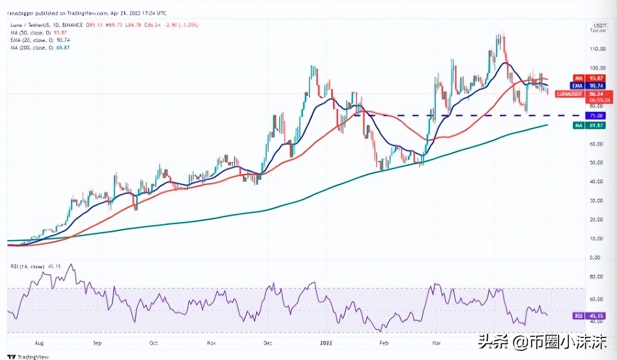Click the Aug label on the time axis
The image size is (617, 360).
tap(39, 343)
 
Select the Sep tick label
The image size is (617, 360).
tap(97, 343)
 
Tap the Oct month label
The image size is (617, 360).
tap(154, 343)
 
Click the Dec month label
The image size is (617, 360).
tap(268, 343)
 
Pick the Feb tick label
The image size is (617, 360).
tap(383, 343)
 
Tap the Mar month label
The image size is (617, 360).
tap(437, 343)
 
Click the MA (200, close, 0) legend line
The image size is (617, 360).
tap(29, 48)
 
